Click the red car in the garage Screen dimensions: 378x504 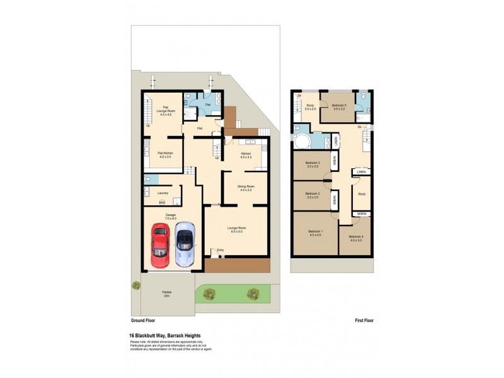click(x=160, y=246)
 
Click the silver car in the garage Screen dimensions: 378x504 click(x=185, y=244)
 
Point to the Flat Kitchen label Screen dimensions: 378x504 click(x=166, y=155)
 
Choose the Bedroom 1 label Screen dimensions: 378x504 click(x=316, y=234)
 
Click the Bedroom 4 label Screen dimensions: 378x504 click(x=355, y=238)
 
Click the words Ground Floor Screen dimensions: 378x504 click(x=143, y=321)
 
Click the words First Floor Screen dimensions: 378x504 click(x=364, y=321)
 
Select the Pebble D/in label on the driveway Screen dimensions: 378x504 click(x=167, y=294)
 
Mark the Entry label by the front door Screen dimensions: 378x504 click(x=220, y=251)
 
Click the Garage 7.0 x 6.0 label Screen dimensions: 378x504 click(x=170, y=217)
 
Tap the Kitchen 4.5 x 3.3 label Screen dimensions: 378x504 click(x=247, y=155)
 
